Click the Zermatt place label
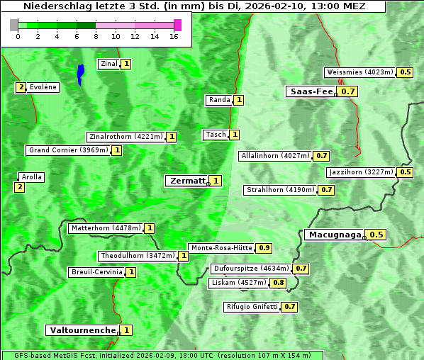pyautogui.click(x=186, y=181)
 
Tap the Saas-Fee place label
pyautogui.click(x=311, y=91)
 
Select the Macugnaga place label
pyautogui.click(x=334, y=235)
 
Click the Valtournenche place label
pyautogui.click(x=82, y=330)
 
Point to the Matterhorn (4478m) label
pyautogui.click(x=105, y=228)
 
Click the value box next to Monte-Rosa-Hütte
pyautogui.click(x=264, y=248)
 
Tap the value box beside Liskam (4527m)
pyautogui.click(x=279, y=283)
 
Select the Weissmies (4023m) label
pyautogui.click(x=359, y=72)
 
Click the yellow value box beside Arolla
pyautogui.click(x=19, y=187)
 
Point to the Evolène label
pyautogui.click(x=43, y=87)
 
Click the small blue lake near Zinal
pyautogui.click(x=80, y=74)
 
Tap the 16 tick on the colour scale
pyautogui.click(x=174, y=35)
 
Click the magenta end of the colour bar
pyautogui.click(x=177, y=25)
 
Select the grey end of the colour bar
pyautogui.click(x=14, y=25)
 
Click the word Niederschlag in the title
pyautogui.click(x=54, y=6)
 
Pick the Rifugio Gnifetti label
pyautogui.click(x=252, y=307)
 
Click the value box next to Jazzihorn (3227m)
pyautogui.click(x=406, y=172)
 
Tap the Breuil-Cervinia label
pyautogui.click(x=96, y=272)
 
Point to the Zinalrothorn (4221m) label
pyautogui.click(x=125, y=137)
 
